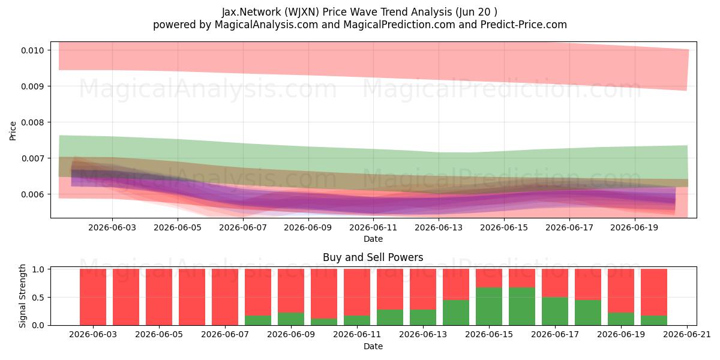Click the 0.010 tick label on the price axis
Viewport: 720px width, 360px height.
32,50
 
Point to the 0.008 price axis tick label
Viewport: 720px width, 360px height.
32,122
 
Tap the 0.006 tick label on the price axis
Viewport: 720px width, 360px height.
32,194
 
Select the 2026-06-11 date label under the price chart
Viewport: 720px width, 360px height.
373,227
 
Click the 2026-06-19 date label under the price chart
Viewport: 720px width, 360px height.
634,227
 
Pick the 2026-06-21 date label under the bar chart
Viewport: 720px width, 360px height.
687,334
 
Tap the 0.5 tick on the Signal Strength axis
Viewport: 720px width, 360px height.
38,298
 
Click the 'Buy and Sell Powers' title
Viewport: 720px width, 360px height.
373,257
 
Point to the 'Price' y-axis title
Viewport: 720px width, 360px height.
13,131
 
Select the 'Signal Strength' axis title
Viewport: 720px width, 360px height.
22,296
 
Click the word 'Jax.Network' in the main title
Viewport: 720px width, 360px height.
251,12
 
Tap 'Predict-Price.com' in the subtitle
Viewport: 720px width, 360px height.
524,25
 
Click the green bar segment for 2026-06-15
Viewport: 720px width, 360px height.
489,307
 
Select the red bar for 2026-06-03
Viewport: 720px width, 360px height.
93,297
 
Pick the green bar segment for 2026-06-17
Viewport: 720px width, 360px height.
555,311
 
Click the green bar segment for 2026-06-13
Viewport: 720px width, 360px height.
422,317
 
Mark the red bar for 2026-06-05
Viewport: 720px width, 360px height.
159,297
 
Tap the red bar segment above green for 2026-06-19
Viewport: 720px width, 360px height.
620,291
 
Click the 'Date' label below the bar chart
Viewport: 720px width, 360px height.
373,347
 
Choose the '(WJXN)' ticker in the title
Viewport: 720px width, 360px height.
301,12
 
